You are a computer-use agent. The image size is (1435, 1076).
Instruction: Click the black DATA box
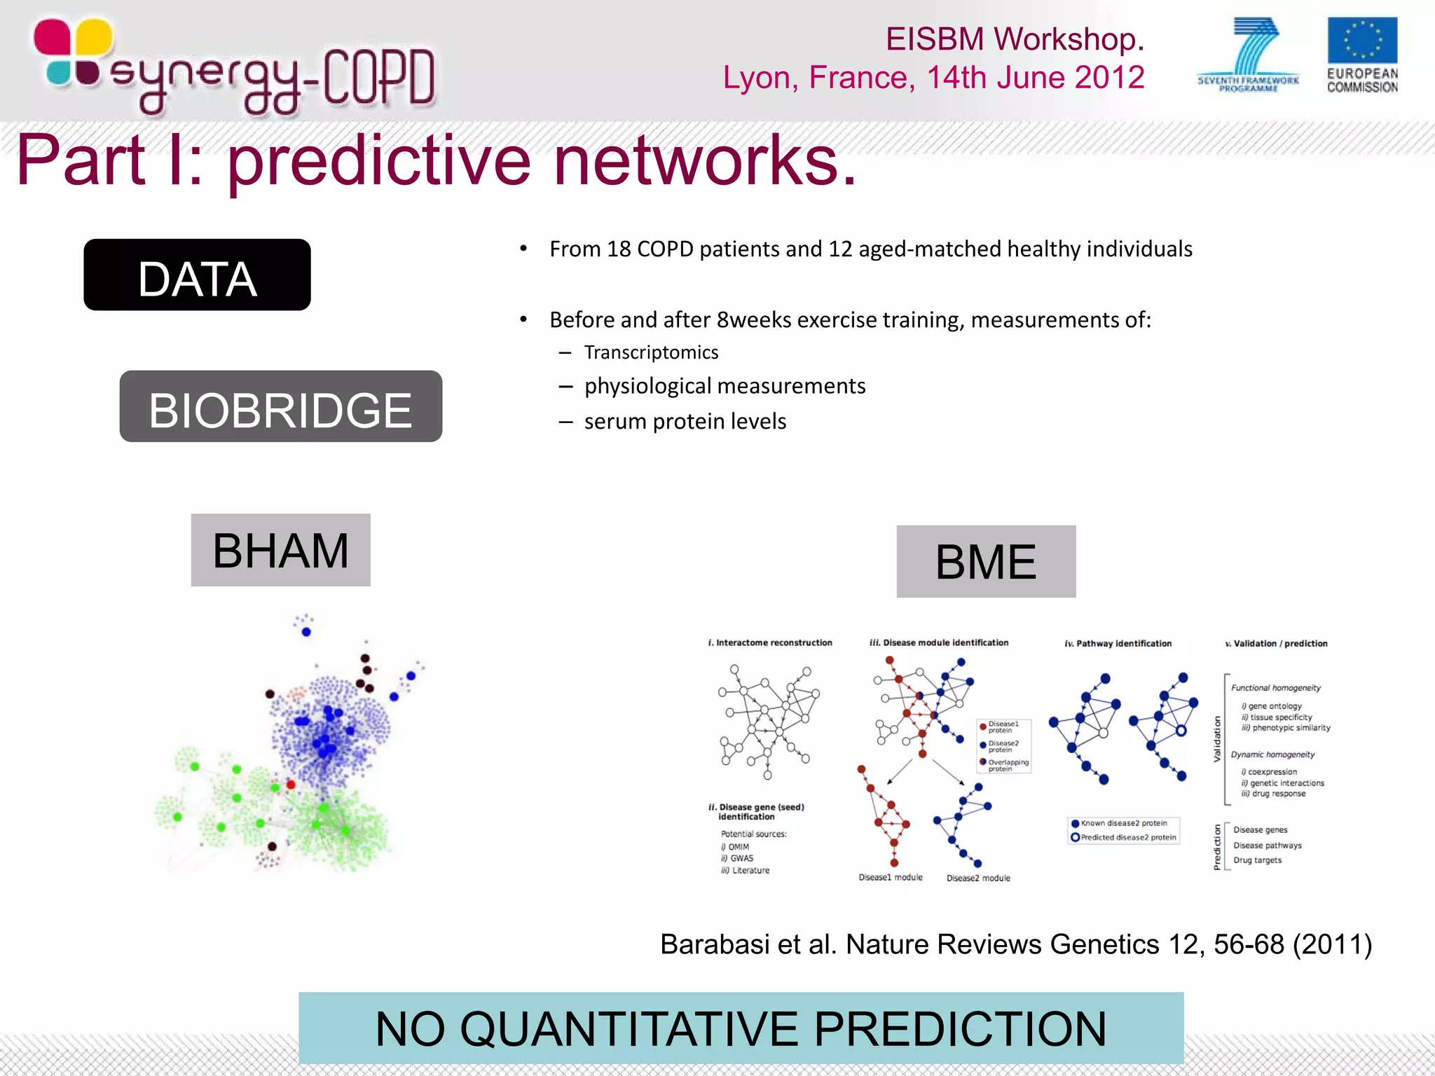coord(197,275)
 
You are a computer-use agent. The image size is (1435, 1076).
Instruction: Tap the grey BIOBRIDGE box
coord(280,406)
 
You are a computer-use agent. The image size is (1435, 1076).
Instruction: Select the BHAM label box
coord(280,550)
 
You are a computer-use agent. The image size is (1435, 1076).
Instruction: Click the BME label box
coord(986,561)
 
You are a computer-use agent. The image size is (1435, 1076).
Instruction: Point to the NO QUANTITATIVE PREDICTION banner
coord(741,1028)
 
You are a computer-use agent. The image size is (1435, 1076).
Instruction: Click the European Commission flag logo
coord(1361,41)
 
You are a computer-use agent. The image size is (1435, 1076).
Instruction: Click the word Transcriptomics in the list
coord(651,352)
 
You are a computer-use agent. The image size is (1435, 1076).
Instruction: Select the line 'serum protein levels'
coord(685,421)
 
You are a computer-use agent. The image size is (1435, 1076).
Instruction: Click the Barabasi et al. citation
coord(1015,944)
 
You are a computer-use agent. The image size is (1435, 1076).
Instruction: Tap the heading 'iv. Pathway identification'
coord(1118,643)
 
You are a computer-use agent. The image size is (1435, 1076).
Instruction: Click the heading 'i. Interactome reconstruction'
coord(770,642)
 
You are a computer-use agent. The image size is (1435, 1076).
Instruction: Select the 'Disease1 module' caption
coord(891,877)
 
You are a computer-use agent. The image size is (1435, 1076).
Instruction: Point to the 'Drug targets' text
coord(1257,860)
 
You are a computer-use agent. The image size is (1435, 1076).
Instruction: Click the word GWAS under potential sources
coord(741,858)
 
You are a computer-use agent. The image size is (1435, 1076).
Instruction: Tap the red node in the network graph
coord(291,784)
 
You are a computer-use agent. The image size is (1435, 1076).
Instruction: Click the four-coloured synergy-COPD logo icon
coord(73,53)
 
